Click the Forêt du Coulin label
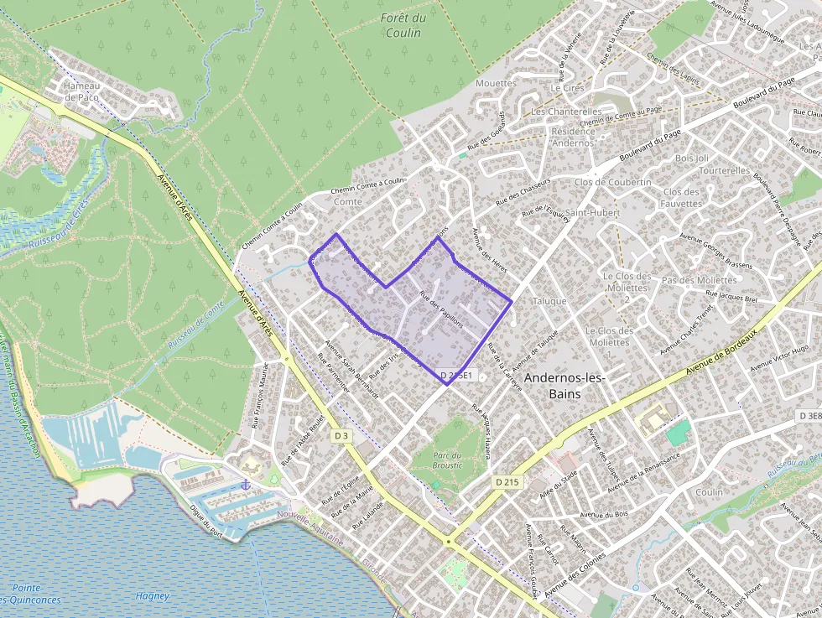point(403,25)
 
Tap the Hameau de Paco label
point(81,91)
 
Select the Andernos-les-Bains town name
point(564,386)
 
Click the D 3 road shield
point(341,436)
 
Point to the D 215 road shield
point(506,482)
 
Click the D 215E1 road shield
point(457,376)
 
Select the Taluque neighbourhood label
point(549,300)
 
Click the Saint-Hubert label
point(591,212)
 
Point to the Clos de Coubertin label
point(612,182)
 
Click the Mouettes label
point(495,83)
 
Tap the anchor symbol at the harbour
point(246,485)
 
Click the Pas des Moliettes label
point(699,280)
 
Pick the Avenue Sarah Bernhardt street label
point(351,369)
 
